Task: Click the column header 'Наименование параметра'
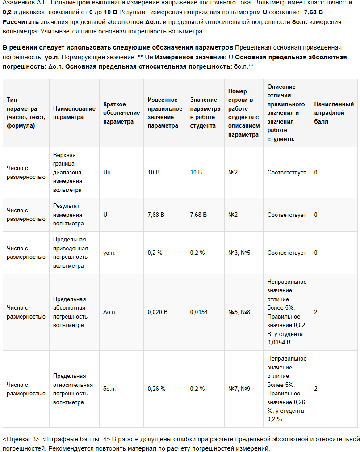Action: click(74, 113)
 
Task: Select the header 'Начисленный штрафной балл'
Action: click(334, 113)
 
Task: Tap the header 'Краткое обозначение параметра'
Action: click(121, 113)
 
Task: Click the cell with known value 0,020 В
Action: click(158, 312)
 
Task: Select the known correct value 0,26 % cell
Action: click(157, 389)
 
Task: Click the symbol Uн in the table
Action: click(107, 172)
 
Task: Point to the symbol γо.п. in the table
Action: click(110, 253)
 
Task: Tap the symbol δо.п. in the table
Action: click(109, 389)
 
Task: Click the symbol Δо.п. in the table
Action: click(110, 312)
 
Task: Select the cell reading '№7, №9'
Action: click(239, 389)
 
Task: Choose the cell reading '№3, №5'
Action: click(239, 253)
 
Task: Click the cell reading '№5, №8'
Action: click(239, 312)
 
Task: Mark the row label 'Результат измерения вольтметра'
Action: click(68, 215)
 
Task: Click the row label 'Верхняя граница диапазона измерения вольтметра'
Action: click(67, 172)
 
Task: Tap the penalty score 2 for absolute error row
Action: click(316, 312)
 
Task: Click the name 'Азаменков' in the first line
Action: click(18, 3)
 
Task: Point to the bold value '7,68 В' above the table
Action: click(312, 12)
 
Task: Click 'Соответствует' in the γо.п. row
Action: click(287, 253)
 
